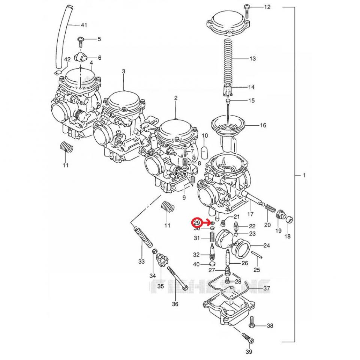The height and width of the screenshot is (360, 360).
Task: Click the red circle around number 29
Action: [197, 223]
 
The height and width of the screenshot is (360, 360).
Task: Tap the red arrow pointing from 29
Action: [206, 223]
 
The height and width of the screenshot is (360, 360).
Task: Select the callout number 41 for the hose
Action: [84, 25]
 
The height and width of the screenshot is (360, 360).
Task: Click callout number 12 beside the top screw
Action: [267, 7]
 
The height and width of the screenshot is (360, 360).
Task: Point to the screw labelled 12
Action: [247, 7]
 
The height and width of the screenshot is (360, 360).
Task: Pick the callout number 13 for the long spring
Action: [252, 58]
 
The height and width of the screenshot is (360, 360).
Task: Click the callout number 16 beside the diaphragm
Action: [263, 125]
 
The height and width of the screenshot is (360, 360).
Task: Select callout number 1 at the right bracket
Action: [304, 175]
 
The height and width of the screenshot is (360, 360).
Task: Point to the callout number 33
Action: [141, 261]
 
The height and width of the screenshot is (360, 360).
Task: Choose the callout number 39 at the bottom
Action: [249, 351]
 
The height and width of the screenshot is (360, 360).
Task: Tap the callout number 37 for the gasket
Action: [267, 288]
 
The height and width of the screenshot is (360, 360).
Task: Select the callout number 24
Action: [267, 246]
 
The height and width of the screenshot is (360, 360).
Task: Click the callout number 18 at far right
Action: [288, 237]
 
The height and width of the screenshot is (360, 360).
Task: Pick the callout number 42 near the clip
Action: [67, 60]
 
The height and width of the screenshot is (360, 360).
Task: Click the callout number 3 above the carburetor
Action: [124, 71]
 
